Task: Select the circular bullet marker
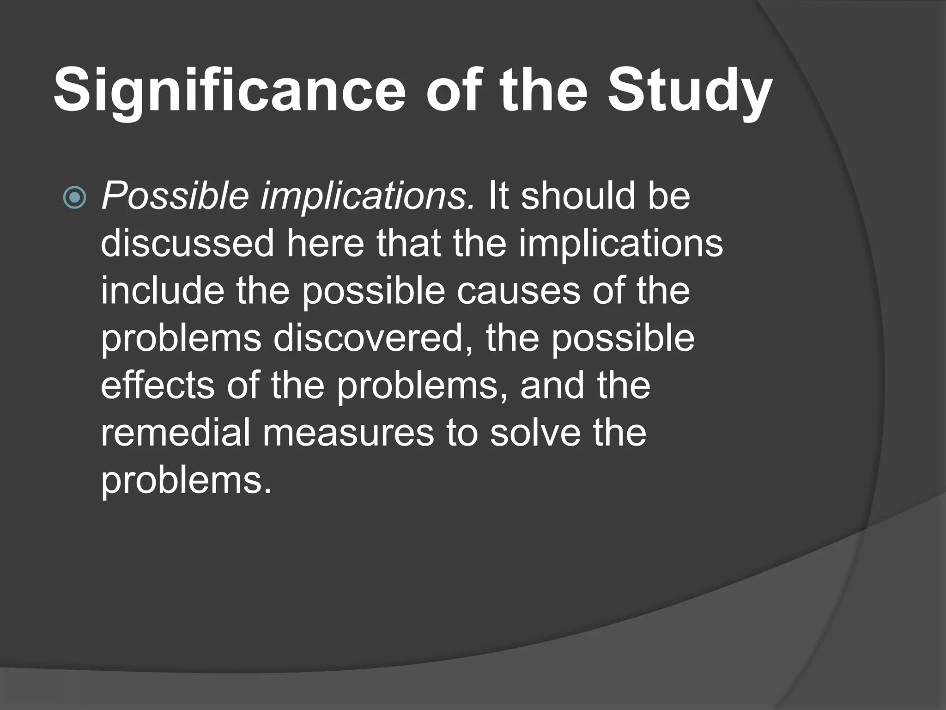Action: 74,198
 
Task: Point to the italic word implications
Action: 368,196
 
